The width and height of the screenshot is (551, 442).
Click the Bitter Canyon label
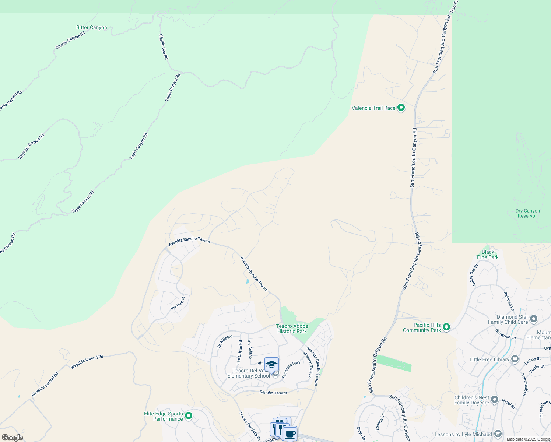click(91, 28)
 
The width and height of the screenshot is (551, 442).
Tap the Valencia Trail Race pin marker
click(401, 108)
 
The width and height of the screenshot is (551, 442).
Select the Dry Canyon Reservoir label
click(527, 213)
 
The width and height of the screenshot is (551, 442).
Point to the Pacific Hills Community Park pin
click(446, 327)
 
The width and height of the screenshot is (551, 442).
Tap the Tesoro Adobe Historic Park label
click(292, 329)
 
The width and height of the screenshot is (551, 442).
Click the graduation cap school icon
click(271, 364)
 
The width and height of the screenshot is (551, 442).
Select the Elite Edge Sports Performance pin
click(189, 416)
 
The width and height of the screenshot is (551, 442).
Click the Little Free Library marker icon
click(515, 359)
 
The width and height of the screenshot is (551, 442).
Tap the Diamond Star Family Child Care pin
click(534, 319)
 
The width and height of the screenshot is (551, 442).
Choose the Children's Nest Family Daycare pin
click(495, 400)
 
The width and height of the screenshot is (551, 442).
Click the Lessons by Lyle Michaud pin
click(498, 434)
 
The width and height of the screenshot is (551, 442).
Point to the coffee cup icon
click(290, 433)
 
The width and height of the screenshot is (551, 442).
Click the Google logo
click(13, 438)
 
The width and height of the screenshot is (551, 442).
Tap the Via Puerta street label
click(178, 303)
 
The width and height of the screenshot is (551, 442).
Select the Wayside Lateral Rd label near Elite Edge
click(87, 362)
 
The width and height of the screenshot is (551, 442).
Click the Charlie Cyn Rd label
click(164, 47)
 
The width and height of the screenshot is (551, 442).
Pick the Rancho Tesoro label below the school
click(273, 393)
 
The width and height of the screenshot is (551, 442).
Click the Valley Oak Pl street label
click(473, 274)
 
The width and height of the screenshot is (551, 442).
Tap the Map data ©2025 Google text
click(528, 439)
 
